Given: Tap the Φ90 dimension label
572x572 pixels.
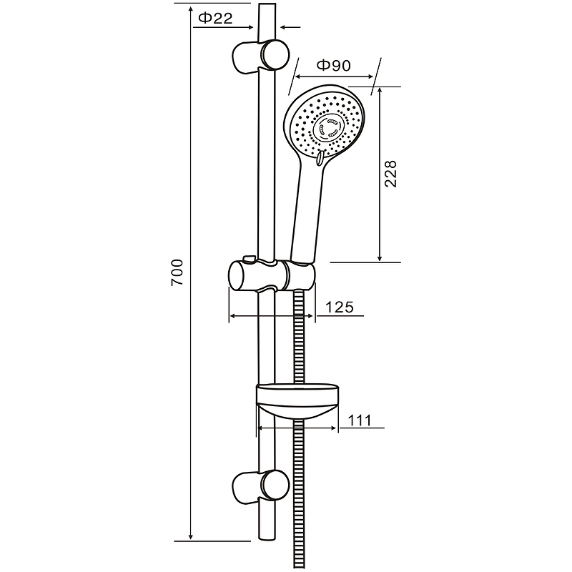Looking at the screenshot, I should (332, 66).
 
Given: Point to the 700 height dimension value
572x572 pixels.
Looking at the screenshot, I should (179, 272).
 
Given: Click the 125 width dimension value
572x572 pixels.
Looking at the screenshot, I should (340, 307).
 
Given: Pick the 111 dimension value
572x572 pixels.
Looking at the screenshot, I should (360, 420).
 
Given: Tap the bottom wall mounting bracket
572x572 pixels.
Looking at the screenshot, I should (257, 485).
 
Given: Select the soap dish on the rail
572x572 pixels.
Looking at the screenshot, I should (296, 400).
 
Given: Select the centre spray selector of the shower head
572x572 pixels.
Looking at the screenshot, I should (331, 129).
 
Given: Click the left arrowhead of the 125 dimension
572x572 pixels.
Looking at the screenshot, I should (232, 315).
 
